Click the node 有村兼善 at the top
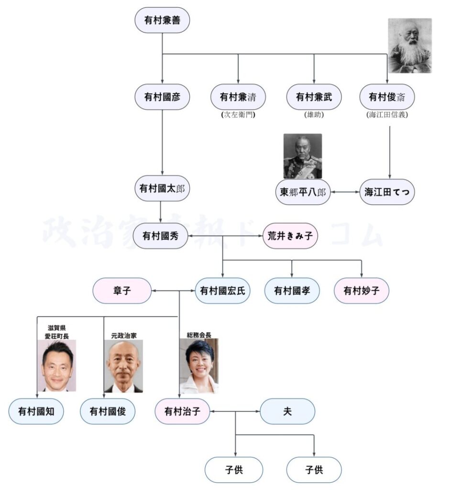click(x=162, y=20)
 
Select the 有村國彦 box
click(x=162, y=97)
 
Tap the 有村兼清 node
click(x=238, y=97)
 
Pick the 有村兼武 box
click(x=314, y=97)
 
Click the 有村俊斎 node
click(x=387, y=97)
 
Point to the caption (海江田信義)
click(x=387, y=115)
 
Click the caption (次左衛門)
click(x=238, y=115)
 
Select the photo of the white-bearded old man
click(x=409, y=45)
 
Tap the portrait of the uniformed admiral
click(x=302, y=156)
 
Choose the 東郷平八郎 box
click(x=302, y=192)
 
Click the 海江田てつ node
click(x=387, y=192)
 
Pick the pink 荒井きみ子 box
click(x=290, y=236)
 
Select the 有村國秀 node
click(x=161, y=236)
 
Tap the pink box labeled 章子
click(x=122, y=290)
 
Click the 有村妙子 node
click(x=361, y=290)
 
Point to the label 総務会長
click(x=199, y=335)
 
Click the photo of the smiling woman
click(x=199, y=366)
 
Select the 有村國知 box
click(x=36, y=411)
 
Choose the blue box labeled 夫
click(x=287, y=411)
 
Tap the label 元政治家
click(x=123, y=335)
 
